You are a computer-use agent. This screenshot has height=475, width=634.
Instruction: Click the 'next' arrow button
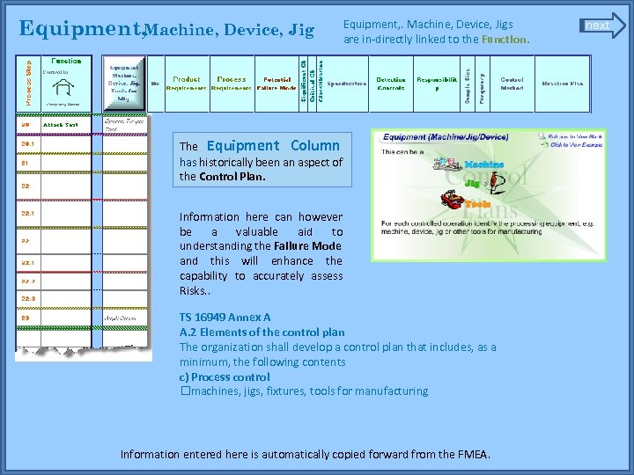click(x=602, y=25)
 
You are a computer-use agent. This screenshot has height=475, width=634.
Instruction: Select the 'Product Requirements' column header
click(x=186, y=84)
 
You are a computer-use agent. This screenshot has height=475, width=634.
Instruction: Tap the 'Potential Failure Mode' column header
click(x=276, y=84)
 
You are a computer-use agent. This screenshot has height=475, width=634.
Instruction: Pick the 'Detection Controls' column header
click(x=391, y=84)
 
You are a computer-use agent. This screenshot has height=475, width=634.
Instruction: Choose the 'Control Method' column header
click(x=512, y=84)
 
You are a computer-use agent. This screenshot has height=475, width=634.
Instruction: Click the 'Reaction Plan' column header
click(x=562, y=84)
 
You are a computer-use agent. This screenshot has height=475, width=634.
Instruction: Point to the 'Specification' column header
click(x=346, y=84)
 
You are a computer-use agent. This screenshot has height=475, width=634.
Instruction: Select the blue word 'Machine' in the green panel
click(x=483, y=164)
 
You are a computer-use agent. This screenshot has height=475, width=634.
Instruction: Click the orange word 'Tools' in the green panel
click(x=477, y=203)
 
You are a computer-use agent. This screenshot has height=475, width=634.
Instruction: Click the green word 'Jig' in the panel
click(x=472, y=184)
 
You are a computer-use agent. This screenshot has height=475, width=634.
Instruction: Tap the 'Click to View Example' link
click(x=577, y=145)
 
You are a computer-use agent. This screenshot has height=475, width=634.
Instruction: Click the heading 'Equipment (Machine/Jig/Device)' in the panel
click(x=445, y=136)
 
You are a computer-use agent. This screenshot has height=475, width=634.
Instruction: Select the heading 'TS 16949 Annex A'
click(x=225, y=318)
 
